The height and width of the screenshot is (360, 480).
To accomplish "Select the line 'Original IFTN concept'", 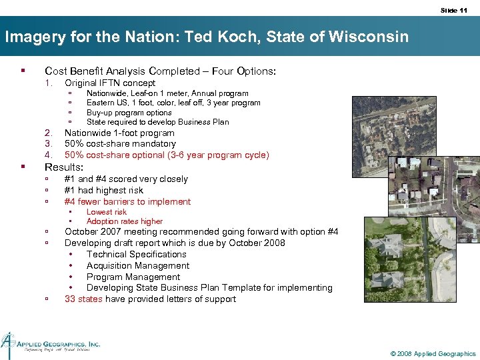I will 109,83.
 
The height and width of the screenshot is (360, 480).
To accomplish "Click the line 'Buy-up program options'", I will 129,113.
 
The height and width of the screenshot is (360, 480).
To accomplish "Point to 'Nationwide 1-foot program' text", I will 119,133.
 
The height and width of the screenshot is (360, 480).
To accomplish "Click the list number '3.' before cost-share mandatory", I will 48,143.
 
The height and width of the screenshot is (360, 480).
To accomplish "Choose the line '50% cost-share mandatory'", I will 120,143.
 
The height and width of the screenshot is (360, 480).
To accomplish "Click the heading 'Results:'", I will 64,167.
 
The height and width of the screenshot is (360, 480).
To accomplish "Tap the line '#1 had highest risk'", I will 103,190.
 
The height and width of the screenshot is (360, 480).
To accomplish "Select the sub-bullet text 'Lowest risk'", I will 106,212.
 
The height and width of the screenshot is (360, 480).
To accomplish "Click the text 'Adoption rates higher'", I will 124,221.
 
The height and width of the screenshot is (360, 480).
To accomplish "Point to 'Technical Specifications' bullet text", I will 136,254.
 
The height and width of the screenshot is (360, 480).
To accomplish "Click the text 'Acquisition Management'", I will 137,265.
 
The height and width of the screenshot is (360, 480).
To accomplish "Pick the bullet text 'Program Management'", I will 133,277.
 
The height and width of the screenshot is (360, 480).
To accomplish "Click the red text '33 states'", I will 83,299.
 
